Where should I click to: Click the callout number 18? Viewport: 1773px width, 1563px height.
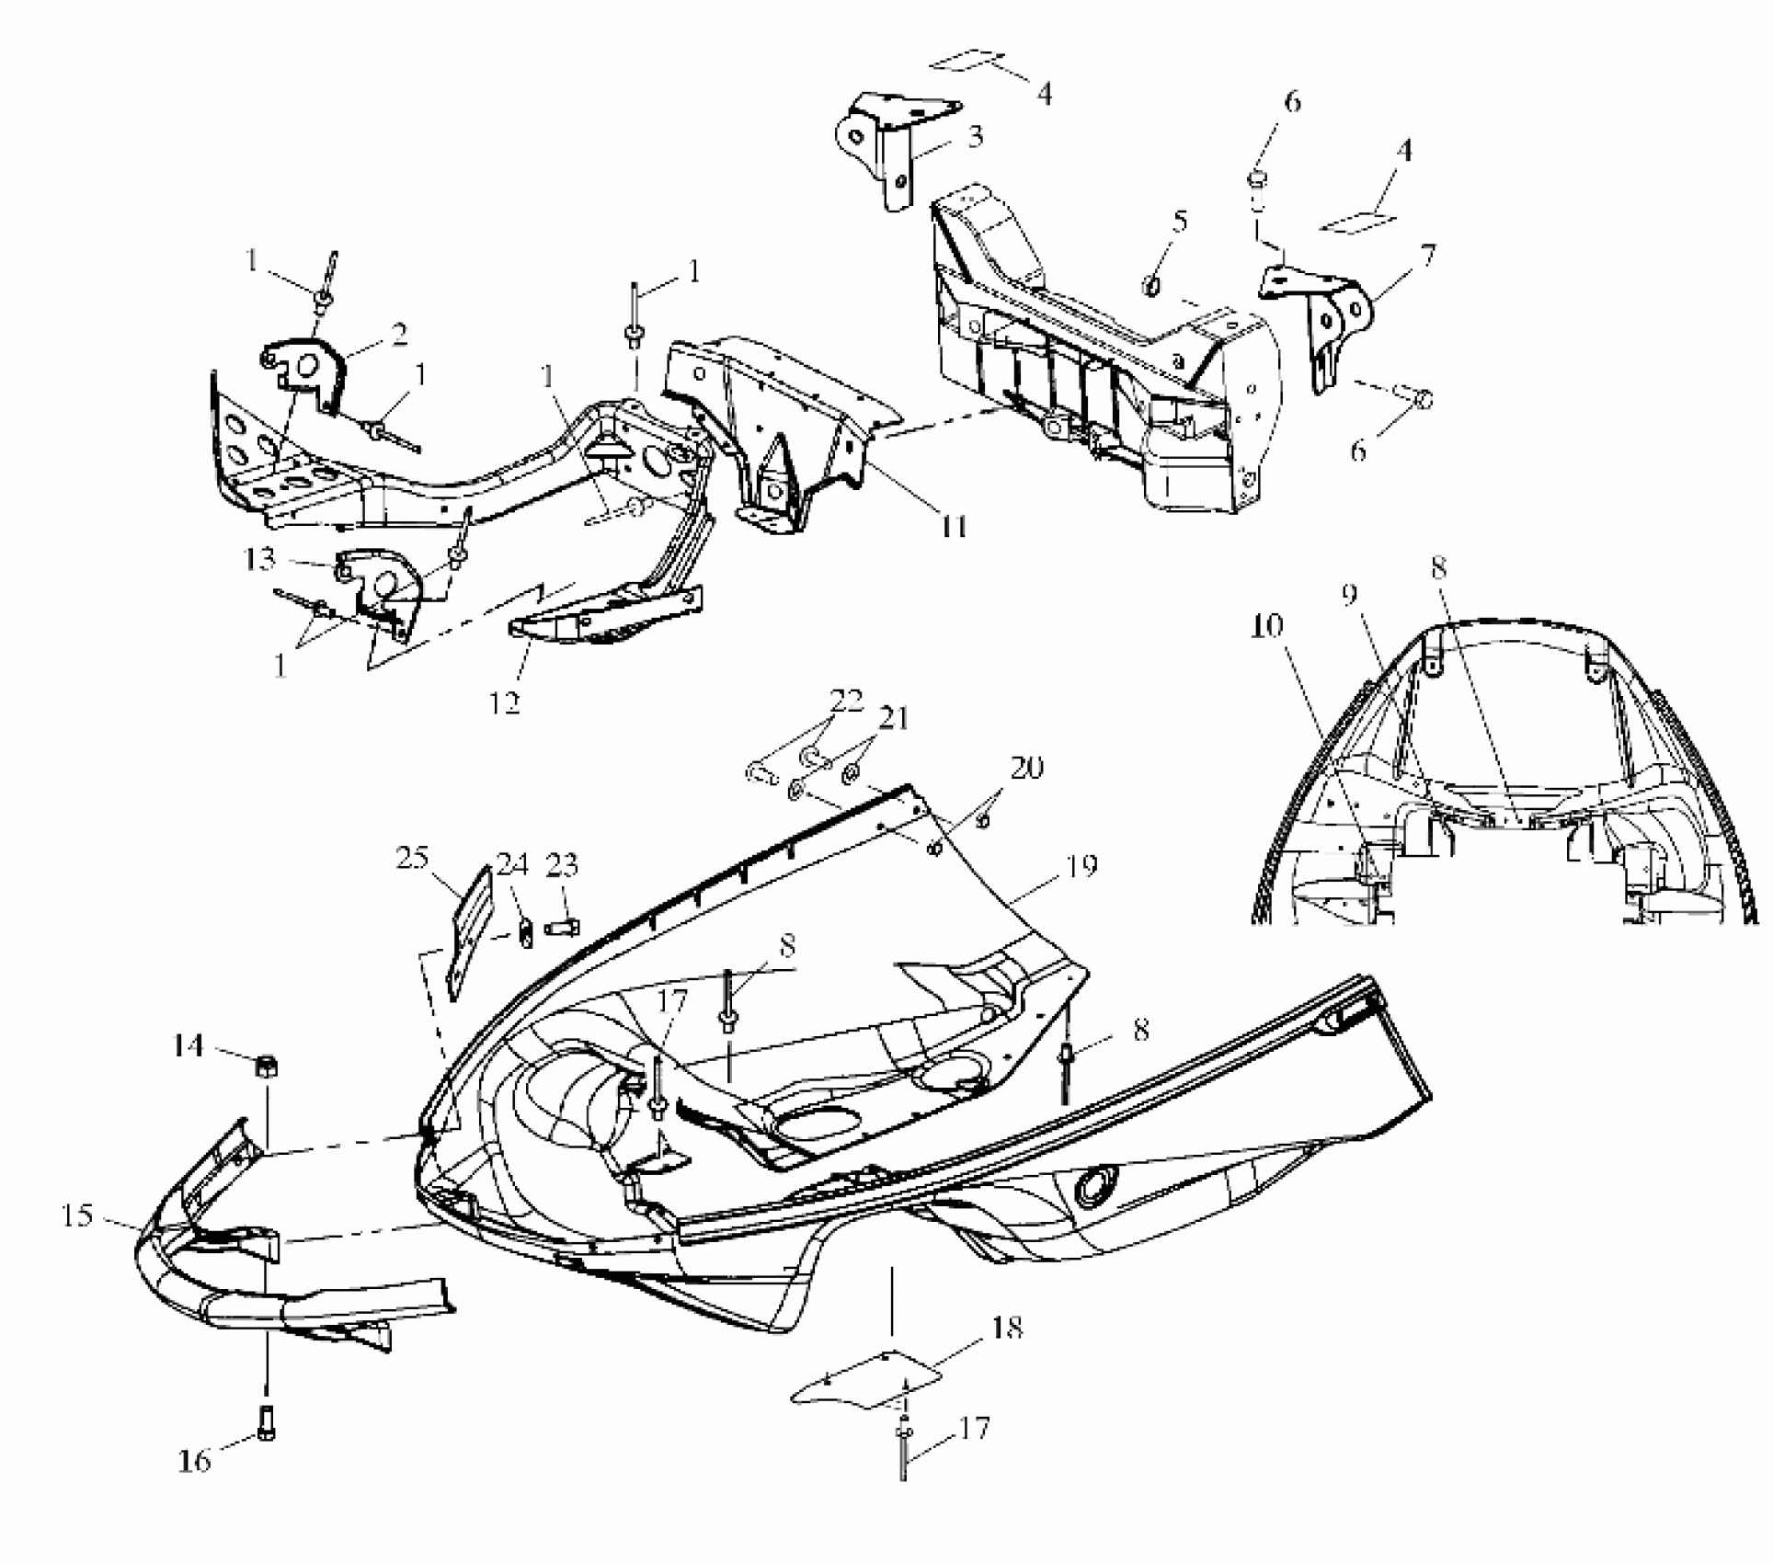tap(1007, 1327)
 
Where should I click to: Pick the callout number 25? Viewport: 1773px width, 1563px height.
tap(412, 858)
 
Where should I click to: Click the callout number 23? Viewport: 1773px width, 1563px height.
tap(562, 864)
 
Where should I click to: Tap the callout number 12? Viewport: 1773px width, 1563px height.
tap(505, 702)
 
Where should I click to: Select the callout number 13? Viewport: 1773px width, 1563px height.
tap(260, 558)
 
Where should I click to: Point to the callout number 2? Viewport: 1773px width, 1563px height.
tap(398, 335)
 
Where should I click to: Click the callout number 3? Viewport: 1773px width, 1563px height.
tap(975, 136)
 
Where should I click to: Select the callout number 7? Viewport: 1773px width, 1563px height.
tap(1426, 255)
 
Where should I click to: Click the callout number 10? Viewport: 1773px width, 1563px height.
tap(1266, 626)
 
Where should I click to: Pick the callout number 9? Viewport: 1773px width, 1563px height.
tap(1350, 596)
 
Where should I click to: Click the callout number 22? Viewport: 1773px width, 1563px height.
tap(846, 700)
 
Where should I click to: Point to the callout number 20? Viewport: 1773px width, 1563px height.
tap(1026, 766)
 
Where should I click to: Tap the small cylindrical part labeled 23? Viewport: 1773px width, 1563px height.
tap(561, 926)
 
